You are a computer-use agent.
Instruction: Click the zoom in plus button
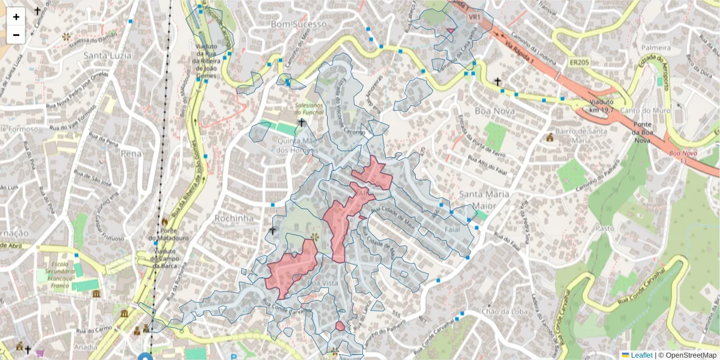coord(16,17)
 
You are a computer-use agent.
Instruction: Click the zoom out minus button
coord(16,35)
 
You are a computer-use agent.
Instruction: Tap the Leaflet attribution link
coord(641,355)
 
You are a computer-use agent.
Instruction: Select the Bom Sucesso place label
coord(299,24)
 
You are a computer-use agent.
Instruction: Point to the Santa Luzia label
coord(107,56)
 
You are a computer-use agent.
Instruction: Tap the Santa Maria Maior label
coord(484,200)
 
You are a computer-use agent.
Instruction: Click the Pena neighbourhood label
coord(131,154)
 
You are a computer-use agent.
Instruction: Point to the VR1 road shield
coord(474,17)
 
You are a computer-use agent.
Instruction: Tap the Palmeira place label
coord(656,47)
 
